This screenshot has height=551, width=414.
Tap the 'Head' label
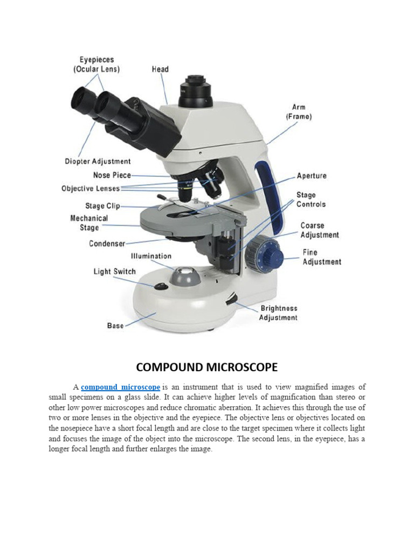click(160, 69)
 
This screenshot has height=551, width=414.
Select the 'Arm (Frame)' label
click(299, 112)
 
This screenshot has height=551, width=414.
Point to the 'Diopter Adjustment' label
click(98, 161)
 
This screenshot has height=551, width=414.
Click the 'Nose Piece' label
click(112, 175)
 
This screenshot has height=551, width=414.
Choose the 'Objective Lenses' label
click(91, 188)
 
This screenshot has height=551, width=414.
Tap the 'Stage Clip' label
click(102, 206)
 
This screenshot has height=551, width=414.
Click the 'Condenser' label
click(107, 244)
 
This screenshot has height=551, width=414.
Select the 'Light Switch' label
click(115, 272)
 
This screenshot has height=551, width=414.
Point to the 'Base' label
click(115, 326)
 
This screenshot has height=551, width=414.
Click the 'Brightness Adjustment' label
click(279, 313)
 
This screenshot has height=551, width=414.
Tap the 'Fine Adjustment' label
click(321, 257)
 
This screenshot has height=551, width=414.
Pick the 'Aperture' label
click(312, 176)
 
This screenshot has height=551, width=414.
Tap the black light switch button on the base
click(160, 286)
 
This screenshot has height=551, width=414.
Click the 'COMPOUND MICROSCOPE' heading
click(207, 368)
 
